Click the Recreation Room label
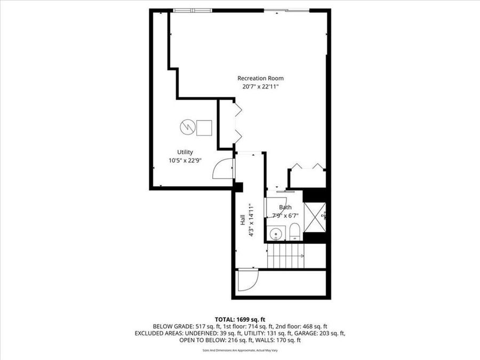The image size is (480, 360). (x=260, y=78)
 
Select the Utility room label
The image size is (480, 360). (x=185, y=152)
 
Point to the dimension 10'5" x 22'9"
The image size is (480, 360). (x=185, y=159)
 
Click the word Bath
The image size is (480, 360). (x=285, y=207)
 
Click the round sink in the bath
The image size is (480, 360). (x=276, y=233)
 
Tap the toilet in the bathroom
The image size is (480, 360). (x=294, y=231)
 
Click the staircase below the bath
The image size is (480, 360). (x=287, y=256)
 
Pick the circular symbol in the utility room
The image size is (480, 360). (x=186, y=127)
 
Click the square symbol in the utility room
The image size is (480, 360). (x=204, y=127)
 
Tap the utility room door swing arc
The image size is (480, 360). (x=221, y=170)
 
